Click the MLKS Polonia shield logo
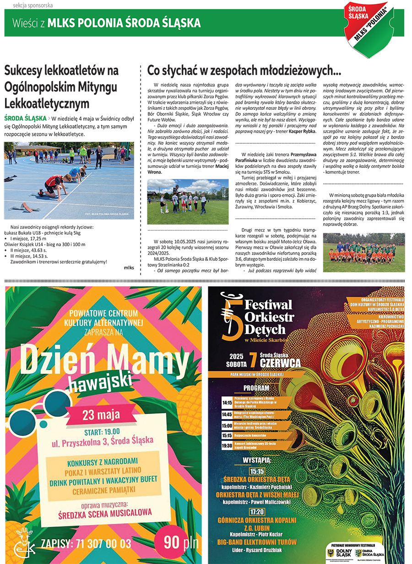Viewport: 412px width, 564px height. pyautogui.click(x=369, y=28)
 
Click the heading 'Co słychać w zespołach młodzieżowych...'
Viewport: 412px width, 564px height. pyautogui.click(x=244, y=71)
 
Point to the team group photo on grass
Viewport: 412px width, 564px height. pyautogui.click(x=364, y=253)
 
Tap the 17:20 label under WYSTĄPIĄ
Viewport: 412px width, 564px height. pyautogui.click(x=256, y=511)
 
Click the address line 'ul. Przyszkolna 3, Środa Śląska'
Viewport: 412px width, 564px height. pyautogui.click(x=102, y=440)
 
